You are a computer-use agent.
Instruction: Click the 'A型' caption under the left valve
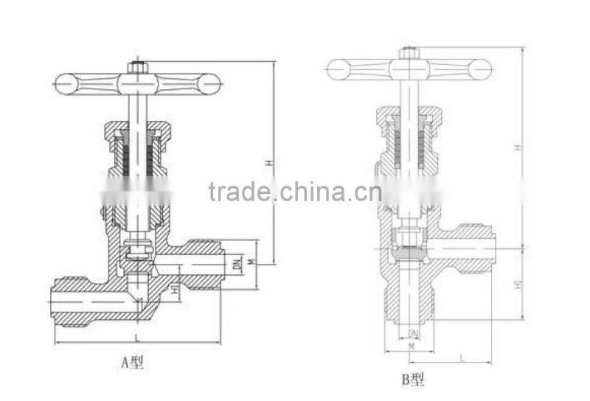132,362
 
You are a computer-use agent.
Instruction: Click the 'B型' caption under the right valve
413,380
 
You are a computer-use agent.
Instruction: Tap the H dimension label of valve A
271,162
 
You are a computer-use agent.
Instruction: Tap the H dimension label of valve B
518,148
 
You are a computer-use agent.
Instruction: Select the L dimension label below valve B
462,358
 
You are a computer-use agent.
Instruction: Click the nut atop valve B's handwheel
409,53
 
